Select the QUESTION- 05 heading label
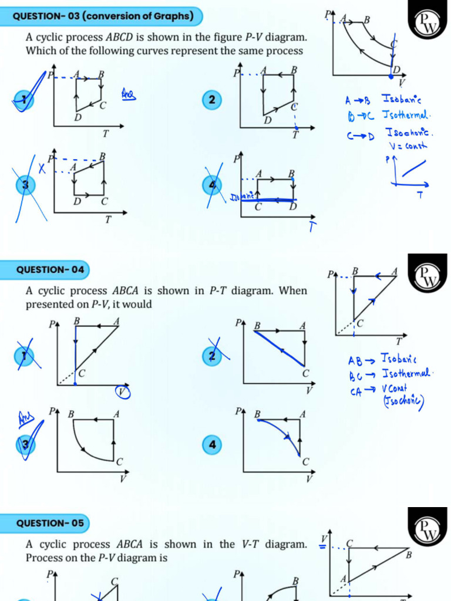[x=50, y=522]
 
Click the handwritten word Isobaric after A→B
[x=405, y=99]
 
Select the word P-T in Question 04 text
[x=218, y=291]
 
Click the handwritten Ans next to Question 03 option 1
[x=128, y=93]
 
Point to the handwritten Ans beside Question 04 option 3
[x=25, y=418]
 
